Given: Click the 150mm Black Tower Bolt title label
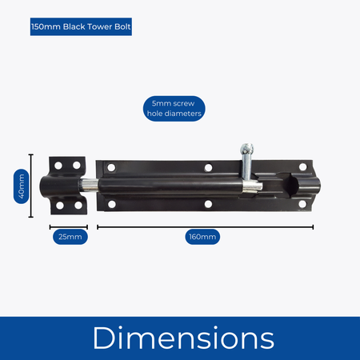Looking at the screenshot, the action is tap(81, 26).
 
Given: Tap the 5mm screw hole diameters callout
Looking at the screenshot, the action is tap(174, 109).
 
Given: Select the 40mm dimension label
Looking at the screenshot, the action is tap(22, 186).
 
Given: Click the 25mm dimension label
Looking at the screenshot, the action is tap(70, 237).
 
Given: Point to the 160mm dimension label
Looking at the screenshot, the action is tap(202, 237).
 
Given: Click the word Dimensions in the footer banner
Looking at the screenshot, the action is tap(183, 338).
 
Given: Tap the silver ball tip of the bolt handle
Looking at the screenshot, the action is tap(247, 149).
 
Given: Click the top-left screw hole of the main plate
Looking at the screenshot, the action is tap(111, 168).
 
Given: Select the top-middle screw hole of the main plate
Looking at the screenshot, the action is tap(208, 168).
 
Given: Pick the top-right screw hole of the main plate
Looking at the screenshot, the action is tap(303, 167).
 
